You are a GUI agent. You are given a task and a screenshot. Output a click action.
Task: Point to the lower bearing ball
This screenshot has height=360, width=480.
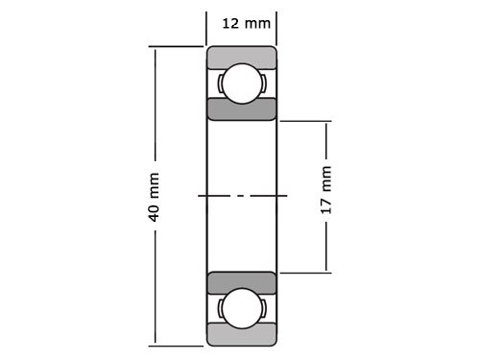[x=241, y=309]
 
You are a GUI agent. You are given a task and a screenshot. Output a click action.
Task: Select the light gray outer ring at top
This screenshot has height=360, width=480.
[x=241, y=55]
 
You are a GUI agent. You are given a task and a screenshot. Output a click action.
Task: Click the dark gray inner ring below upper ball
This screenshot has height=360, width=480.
[x=241, y=108]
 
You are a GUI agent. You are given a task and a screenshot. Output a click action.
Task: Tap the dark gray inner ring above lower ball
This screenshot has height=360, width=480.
[x=241, y=283]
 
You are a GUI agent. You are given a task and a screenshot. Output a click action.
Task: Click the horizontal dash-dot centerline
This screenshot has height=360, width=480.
[x=241, y=196]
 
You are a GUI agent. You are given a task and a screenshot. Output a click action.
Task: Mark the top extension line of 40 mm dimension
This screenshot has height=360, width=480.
[x=178, y=46]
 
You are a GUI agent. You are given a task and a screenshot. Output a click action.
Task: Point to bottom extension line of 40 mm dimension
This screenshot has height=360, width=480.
[x=178, y=344]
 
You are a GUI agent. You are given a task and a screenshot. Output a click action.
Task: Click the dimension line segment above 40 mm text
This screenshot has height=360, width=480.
[x=154, y=106]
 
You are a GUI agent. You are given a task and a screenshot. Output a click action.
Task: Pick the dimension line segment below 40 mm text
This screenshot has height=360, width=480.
[x=154, y=288]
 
